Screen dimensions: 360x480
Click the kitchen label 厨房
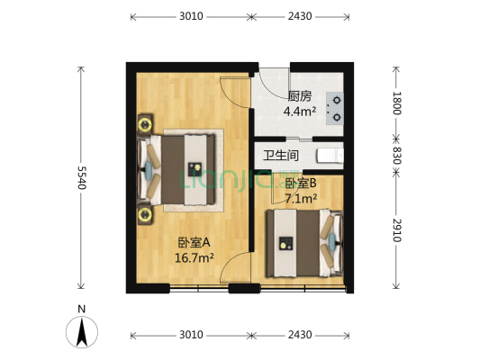coord(300,97)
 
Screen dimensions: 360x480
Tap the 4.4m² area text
coord(300,112)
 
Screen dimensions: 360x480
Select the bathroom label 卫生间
coord(281,156)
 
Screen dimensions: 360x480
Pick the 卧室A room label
coord(194,242)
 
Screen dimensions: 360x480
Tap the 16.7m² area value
coord(194,257)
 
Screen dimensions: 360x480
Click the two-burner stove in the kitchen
coord(334,107)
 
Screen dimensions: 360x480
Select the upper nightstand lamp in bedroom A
coord(144,122)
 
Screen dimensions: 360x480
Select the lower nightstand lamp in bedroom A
coord(144,214)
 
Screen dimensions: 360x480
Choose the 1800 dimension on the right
coord(396,102)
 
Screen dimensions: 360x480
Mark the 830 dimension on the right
coord(396,154)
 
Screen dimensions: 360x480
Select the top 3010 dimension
coord(190,16)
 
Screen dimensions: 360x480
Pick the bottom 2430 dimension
coord(299,335)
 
